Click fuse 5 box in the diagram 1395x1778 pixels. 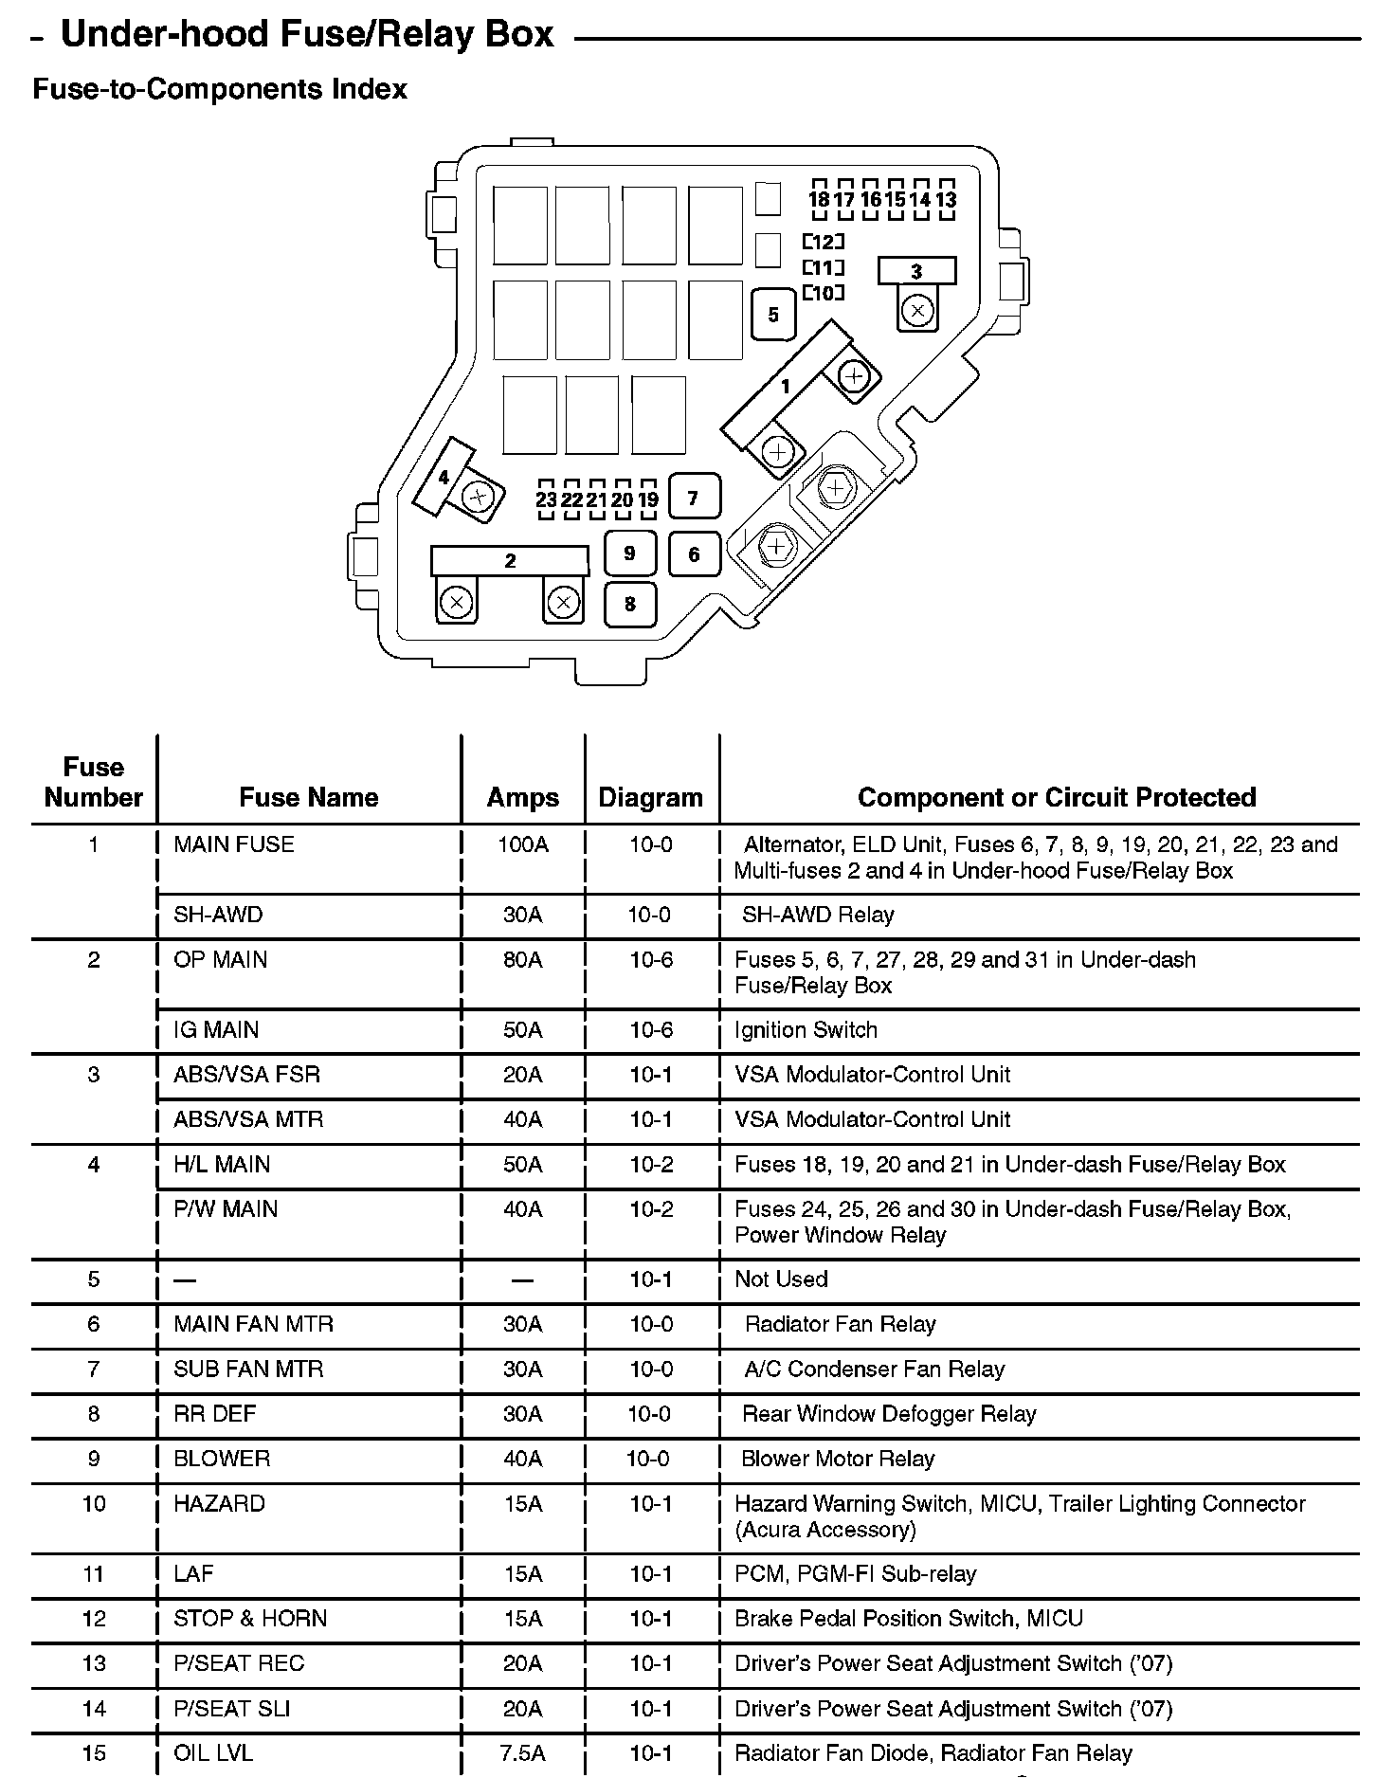pyautogui.click(x=773, y=314)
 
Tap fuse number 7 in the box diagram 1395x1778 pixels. pyautogui.click(x=694, y=498)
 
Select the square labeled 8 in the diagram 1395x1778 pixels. pyautogui.click(x=630, y=603)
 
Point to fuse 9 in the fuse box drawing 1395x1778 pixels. pyautogui.click(x=630, y=553)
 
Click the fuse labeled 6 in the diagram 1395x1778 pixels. pyautogui.click(x=694, y=553)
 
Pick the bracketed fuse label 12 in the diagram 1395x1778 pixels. pyautogui.click(x=823, y=242)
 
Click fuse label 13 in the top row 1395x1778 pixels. pyautogui.click(x=945, y=200)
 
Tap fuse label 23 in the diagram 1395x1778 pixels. pyautogui.click(x=546, y=500)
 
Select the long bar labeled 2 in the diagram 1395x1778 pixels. pyautogui.click(x=510, y=560)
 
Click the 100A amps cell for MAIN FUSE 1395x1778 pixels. pyautogui.click(x=522, y=844)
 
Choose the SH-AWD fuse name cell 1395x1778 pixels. pyautogui.click(x=218, y=915)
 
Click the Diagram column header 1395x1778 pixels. pyautogui.click(x=650, y=797)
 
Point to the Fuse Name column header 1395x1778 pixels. pyautogui.click(x=308, y=797)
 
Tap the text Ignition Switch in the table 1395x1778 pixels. pyautogui.click(x=806, y=1029)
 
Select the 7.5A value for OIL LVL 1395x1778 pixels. pyautogui.click(x=522, y=1753)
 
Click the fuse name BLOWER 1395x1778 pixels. pyautogui.click(x=222, y=1459)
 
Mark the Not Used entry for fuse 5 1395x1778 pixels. pyautogui.click(x=781, y=1279)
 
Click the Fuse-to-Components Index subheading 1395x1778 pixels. pyautogui.click(x=220, y=89)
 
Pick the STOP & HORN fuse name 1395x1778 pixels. pyautogui.click(x=250, y=1618)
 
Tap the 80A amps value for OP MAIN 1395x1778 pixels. pyautogui.click(x=522, y=960)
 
